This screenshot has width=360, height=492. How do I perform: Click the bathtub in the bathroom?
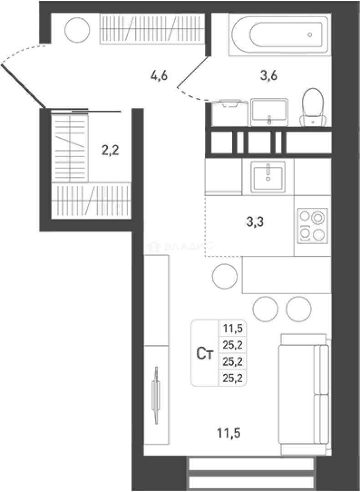pos(279,35)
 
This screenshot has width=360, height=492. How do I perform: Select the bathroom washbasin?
pos(269,112)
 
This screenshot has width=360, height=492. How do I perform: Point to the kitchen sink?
pos(268,176)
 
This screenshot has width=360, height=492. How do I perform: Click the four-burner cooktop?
pos(312,225)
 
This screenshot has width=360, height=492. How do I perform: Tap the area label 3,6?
pos(269,76)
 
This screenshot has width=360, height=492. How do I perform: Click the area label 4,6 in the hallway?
pos(159,75)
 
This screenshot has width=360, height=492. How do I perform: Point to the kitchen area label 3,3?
pos(255,222)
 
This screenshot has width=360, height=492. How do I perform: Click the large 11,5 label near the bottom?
pos(228,432)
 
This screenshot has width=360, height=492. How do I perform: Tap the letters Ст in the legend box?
pos(205,354)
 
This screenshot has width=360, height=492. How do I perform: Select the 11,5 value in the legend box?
pos(232,328)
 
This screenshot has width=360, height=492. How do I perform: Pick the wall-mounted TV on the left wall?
pos(156,395)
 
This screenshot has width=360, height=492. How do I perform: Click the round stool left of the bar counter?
pos(225,276)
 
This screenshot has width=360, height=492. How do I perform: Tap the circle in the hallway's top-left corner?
pos(77,30)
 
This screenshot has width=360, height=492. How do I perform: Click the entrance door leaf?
pos(23,86)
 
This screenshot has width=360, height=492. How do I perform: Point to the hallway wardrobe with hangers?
pos(152,29)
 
